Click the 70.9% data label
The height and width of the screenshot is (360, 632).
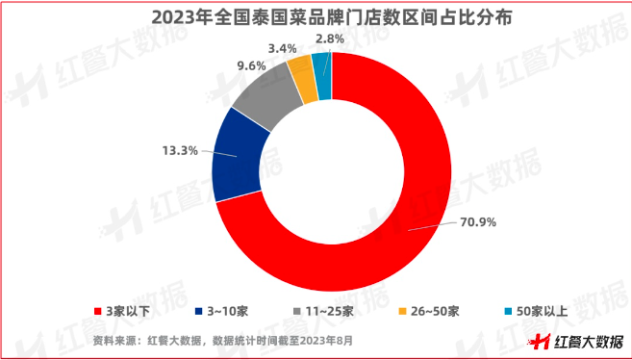tap(476, 223)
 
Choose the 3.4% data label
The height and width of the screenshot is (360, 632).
tap(282, 46)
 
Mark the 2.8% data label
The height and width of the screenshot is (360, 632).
tap(330, 39)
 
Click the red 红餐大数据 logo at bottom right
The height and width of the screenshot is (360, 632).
tap(574, 341)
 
